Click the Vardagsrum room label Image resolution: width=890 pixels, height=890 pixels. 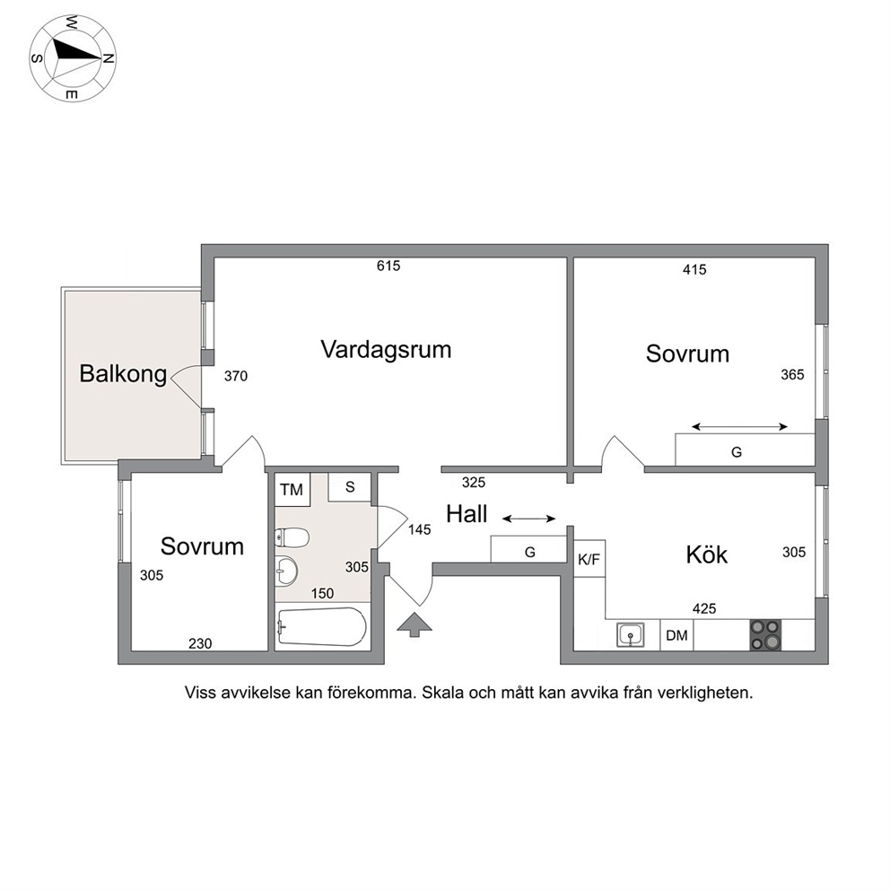click(x=386, y=350)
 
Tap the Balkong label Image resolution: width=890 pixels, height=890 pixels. click(x=123, y=374)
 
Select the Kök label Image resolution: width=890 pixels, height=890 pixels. click(x=707, y=554)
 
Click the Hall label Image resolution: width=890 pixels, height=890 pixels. click(x=467, y=514)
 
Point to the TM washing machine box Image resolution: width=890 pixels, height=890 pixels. click(x=292, y=489)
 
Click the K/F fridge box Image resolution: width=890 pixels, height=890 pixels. click(x=589, y=559)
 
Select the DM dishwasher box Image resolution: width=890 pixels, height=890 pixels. click(x=676, y=635)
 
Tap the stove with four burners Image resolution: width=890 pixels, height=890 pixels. click(x=765, y=635)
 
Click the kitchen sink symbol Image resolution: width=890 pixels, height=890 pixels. click(x=630, y=635)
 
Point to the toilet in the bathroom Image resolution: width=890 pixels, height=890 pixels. click(x=292, y=537)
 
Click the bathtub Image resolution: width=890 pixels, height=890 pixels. click(x=321, y=626)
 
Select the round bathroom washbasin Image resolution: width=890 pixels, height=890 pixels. click(x=286, y=571)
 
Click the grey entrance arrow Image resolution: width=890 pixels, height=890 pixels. click(x=414, y=624)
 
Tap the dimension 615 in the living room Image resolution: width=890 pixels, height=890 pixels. click(x=388, y=266)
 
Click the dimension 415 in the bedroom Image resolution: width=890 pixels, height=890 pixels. click(x=694, y=270)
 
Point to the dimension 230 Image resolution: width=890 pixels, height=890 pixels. click(x=200, y=643)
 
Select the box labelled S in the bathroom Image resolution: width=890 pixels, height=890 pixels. click(x=350, y=487)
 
